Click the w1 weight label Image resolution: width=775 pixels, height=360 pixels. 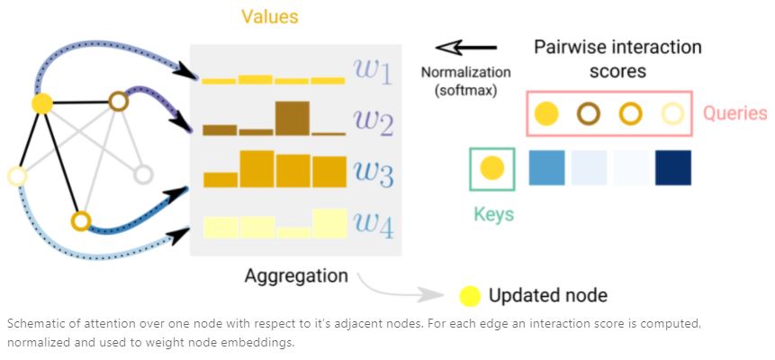372,72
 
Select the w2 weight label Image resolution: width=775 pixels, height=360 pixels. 373,122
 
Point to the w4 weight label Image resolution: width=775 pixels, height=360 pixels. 374,226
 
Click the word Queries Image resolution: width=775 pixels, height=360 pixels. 735,114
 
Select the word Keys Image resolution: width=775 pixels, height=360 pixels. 494,214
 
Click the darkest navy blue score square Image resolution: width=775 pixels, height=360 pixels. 673,168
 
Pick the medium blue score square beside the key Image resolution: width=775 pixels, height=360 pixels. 546,168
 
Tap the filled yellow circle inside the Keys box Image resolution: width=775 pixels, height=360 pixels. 492,168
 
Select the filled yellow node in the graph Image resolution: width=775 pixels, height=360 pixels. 42,103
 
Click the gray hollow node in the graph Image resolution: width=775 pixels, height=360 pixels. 143,174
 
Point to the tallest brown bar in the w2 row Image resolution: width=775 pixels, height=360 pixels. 293,118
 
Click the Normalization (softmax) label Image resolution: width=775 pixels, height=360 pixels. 465,82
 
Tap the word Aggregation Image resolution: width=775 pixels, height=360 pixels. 296,275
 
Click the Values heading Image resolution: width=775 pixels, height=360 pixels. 270,17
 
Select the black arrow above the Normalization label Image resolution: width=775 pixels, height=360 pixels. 466,48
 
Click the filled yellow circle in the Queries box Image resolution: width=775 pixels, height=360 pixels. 546,113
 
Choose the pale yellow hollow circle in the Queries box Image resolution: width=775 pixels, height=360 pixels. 672,113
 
